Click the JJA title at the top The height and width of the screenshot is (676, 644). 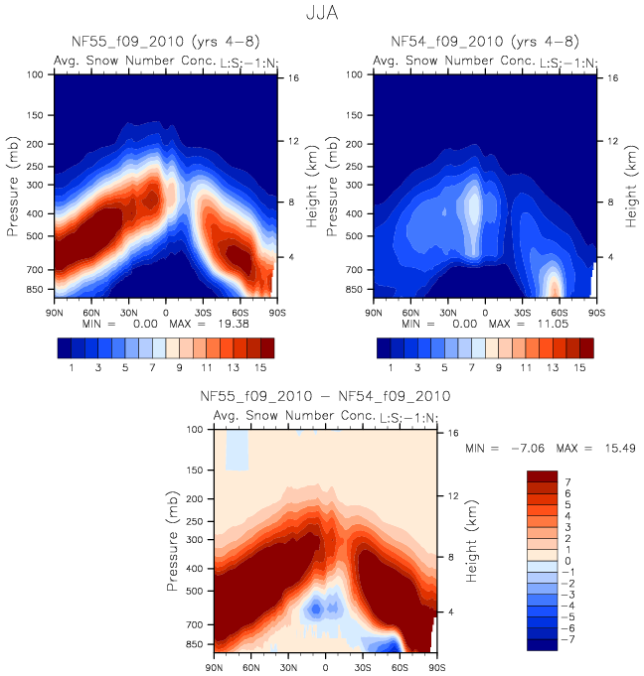point(321,16)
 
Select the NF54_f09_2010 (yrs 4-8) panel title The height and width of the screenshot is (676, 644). point(484,42)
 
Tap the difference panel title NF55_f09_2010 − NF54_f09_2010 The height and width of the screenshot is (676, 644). point(326,395)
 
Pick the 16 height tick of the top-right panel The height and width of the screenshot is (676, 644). point(613,77)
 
